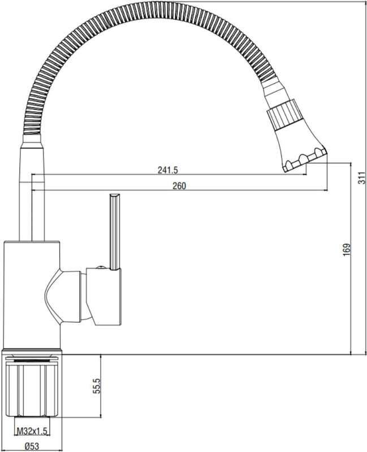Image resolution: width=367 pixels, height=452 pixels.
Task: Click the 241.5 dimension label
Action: [167, 170]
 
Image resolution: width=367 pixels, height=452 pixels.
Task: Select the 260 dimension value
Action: [179, 186]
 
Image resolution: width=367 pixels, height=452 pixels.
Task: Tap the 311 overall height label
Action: [361, 178]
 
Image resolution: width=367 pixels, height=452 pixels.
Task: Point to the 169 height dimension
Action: [347, 249]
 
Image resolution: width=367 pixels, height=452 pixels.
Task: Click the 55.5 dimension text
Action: [96, 386]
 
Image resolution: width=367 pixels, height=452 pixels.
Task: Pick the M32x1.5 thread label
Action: [32, 431]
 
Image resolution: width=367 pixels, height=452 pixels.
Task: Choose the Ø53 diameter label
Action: [32, 446]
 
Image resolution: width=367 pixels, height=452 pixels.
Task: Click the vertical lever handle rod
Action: [115, 232]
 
